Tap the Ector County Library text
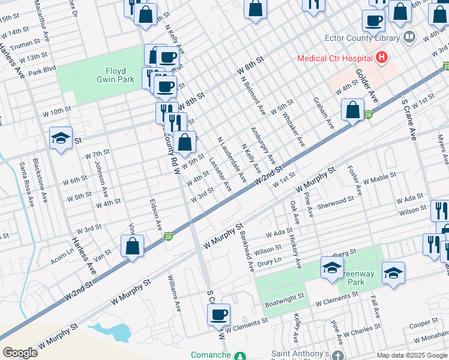(361, 37)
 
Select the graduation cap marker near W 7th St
(61, 139)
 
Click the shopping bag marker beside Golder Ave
(353, 110)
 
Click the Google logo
(20, 352)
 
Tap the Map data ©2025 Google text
(411, 355)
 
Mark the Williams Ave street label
(175, 294)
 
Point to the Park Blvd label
(41, 70)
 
